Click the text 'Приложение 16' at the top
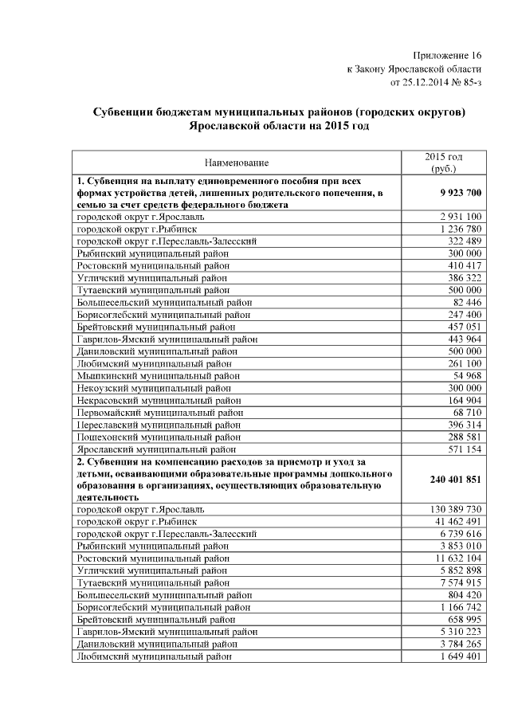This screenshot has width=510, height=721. [448, 54]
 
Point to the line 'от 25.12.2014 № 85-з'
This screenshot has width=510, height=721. [436, 81]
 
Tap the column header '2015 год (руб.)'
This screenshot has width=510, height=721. [444, 163]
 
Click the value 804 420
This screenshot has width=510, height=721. [462, 594]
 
